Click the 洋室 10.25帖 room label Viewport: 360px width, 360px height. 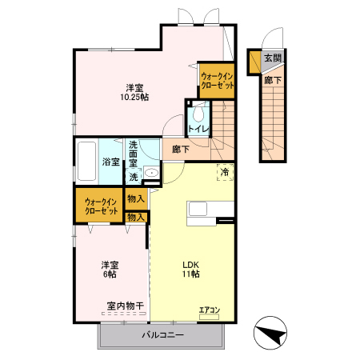click(134, 92)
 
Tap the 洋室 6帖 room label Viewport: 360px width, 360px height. click(110, 270)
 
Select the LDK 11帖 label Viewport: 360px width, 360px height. click(191, 270)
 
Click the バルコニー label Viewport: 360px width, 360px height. click(162, 334)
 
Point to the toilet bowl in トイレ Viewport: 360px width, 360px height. click(198, 114)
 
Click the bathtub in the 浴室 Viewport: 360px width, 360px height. click(86, 161)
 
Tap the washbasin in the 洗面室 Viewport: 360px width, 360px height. click(151, 173)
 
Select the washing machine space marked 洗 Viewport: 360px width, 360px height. click(134, 177)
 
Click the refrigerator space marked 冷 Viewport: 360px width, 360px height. click(225, 172)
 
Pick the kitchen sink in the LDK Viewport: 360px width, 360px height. click(198, 209)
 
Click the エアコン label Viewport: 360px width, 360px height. click(210, 310)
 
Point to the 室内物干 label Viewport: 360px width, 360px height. click(126, 306)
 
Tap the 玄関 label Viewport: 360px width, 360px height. click(273, 58)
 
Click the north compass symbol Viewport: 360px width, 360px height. click(270, 333)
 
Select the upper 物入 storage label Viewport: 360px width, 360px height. click(136, 198)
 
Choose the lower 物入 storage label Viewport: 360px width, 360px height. click(136, 218)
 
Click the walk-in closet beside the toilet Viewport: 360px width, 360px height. click(217, 81)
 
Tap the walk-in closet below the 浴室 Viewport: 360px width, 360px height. click(99, 206)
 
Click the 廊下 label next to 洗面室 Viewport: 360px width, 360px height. click(181, 149)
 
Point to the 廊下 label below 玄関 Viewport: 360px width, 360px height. click(273, 80)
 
